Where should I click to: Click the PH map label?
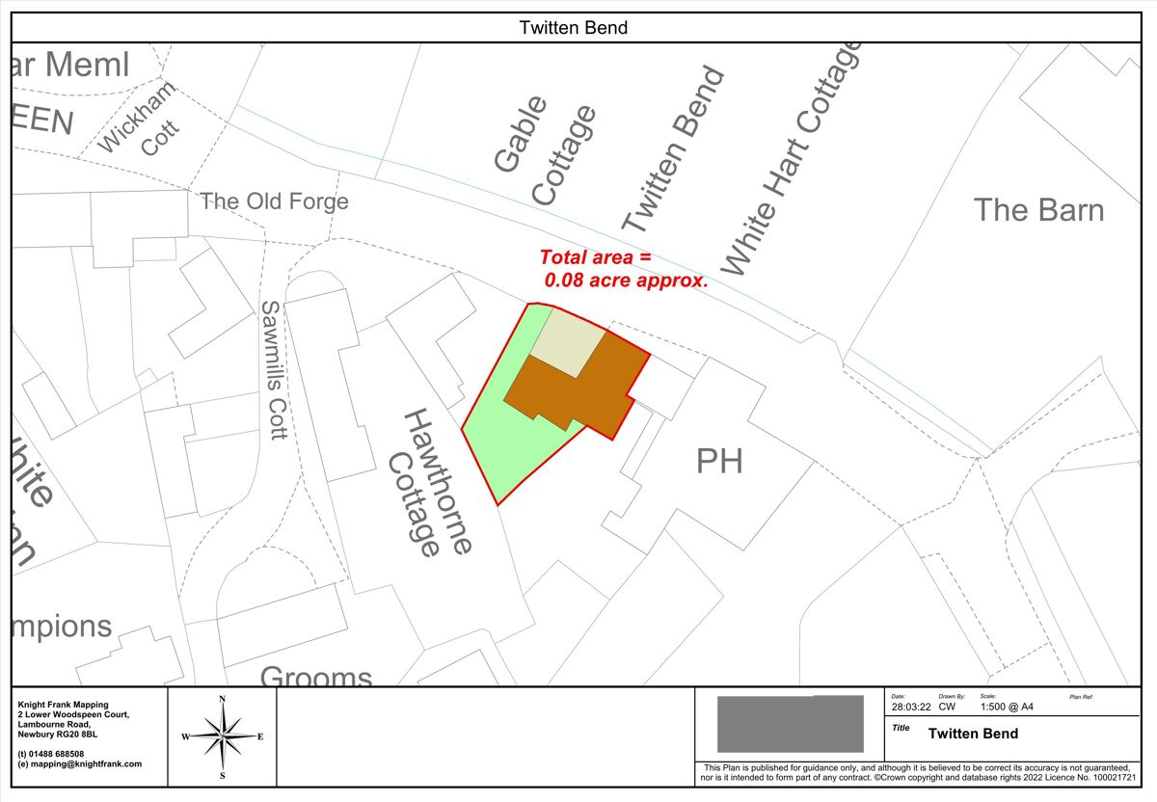pos(719,463)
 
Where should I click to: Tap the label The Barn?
pos(1038,209)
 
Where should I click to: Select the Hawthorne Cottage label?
pos(429,482)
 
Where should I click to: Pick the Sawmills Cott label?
pos(274,369)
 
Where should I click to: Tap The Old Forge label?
pos(274,201)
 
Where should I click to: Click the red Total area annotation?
pos(622,270)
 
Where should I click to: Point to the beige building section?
pos(569,342)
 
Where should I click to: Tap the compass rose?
pos(222,737)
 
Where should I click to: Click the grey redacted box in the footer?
pos(790,724)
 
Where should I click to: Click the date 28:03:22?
pos(911,707)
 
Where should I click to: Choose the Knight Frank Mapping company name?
pos(63,705)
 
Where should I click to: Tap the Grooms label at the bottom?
pos(316,677)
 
